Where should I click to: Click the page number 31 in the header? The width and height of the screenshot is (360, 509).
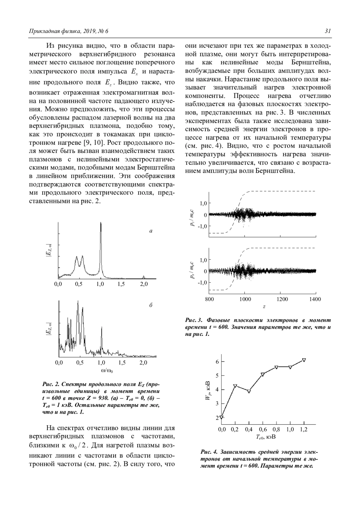coord(328,31)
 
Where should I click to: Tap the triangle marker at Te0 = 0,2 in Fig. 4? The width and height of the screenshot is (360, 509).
coord(235,386)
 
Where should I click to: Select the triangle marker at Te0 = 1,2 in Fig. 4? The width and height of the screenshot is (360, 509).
coord(304,360)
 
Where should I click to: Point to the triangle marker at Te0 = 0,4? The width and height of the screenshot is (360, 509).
coord(249,391)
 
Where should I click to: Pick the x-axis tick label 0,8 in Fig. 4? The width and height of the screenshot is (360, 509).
coord(276,430)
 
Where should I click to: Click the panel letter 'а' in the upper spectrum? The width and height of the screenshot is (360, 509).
coord(151,231)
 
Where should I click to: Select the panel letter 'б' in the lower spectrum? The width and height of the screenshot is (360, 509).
coord(151,305)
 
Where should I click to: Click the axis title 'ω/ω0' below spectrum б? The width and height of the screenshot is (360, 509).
coord(107,371)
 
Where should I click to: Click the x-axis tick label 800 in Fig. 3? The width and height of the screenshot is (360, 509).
coord(209,299)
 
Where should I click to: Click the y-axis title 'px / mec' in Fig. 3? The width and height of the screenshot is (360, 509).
coord(192,271)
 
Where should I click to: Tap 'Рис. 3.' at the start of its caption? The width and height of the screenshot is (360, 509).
coord(194,320)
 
